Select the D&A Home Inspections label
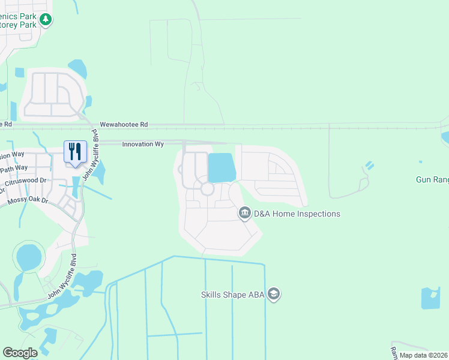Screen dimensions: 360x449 point(297,214)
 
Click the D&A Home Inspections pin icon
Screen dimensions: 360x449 point(244,213)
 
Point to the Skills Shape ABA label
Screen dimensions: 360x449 point(232,294)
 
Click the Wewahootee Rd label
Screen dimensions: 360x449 point(124,124)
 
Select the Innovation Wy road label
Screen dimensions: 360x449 point(143,145)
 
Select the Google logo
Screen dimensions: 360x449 point(20,353)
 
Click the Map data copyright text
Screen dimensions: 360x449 point(423,355)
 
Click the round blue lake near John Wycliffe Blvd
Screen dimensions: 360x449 point(28,257)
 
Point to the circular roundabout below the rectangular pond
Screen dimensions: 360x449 point(207,189)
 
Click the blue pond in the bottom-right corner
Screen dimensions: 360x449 point(430,298)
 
